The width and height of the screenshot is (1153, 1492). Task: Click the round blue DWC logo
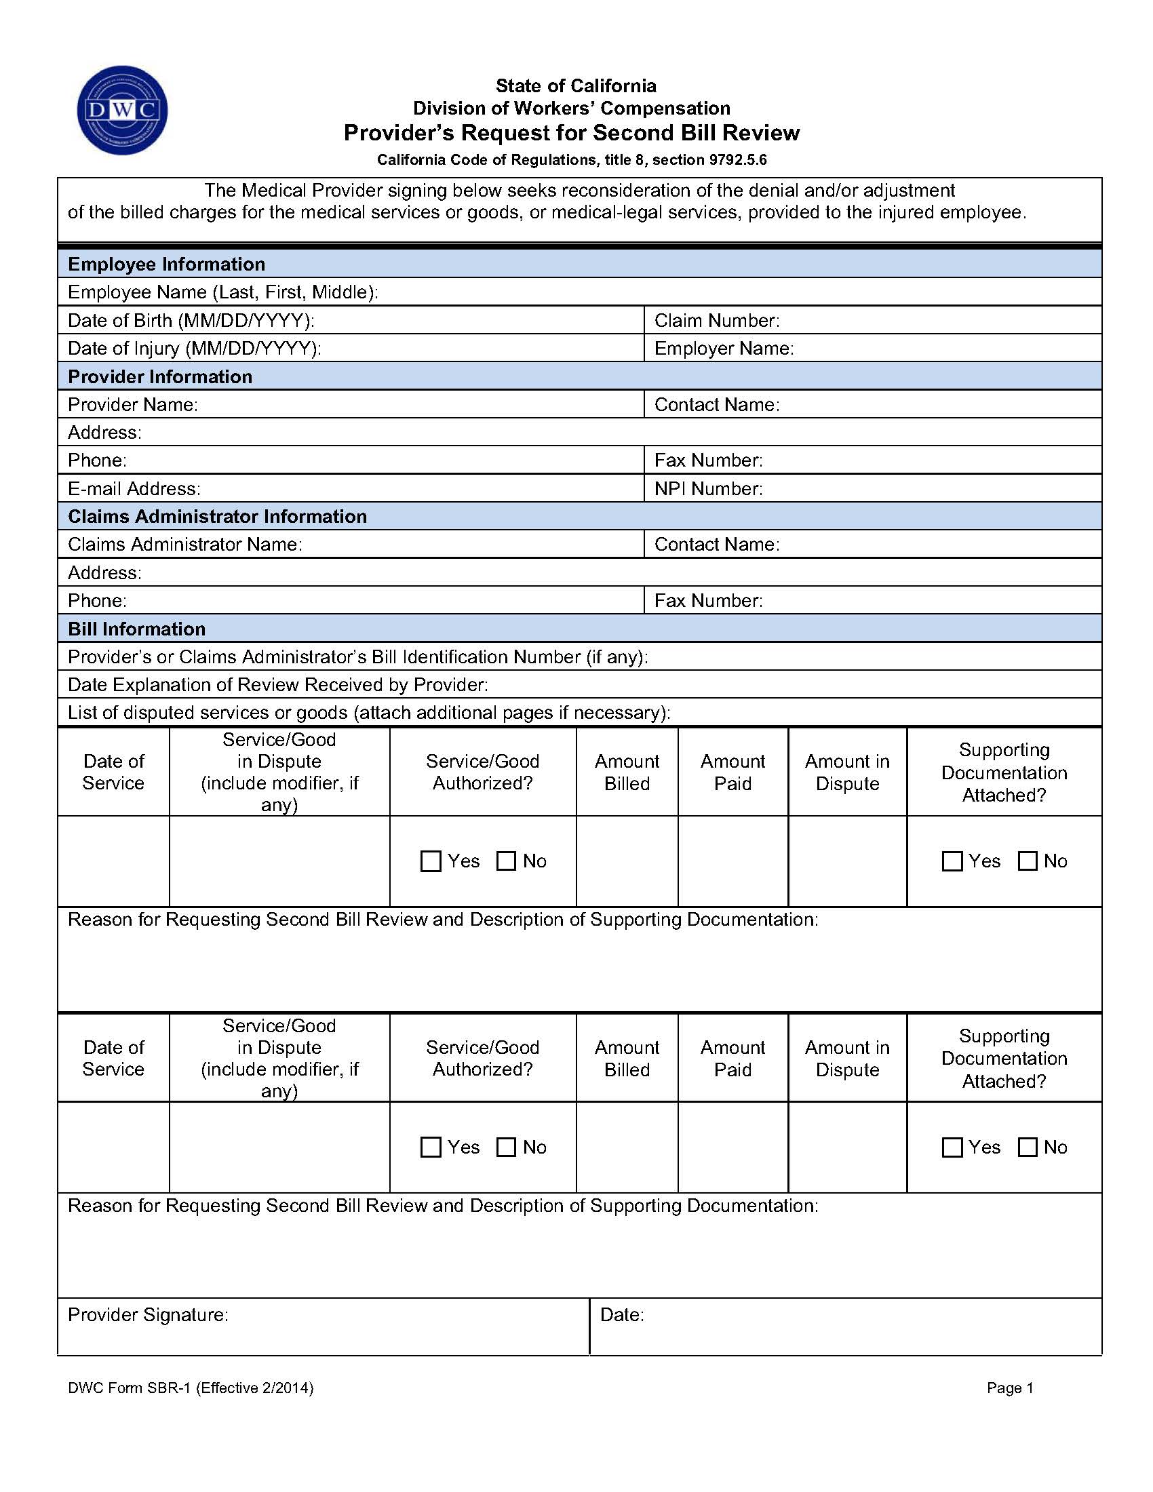coord(122,110)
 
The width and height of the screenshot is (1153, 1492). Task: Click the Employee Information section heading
coord(166,264)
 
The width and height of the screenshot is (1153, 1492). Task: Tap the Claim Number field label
coord(716,320)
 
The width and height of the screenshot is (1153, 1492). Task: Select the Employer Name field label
coord(724,349)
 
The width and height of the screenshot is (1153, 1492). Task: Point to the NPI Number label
coord(707,488)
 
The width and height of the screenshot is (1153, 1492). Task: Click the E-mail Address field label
coord(134,488)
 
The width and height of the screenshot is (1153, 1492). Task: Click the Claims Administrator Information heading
coord(217,516)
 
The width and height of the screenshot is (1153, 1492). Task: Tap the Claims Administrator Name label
coord(184,545)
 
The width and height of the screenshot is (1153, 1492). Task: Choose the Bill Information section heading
coord(136,629)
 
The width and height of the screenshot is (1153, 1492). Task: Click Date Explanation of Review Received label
coord(277,684)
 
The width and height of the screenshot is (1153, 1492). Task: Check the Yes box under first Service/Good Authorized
coord(431,861)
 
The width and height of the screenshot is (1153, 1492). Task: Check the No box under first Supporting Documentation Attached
coord(1028,861)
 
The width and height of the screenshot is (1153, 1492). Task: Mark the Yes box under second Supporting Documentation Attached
coord(952,1147)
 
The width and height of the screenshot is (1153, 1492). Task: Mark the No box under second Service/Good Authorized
coord(506,1147)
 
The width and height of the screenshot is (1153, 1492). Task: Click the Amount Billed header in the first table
coord(627,772)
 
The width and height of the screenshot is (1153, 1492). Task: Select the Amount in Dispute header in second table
coord(847,1058)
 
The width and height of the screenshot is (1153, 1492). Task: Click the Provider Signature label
coord(148,1314)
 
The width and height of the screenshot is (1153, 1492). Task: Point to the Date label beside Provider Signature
coord(621,1314)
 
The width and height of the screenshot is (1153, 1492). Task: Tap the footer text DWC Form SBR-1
coord(190,1388)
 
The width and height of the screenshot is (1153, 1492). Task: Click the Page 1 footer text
coord(1010,1388)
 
